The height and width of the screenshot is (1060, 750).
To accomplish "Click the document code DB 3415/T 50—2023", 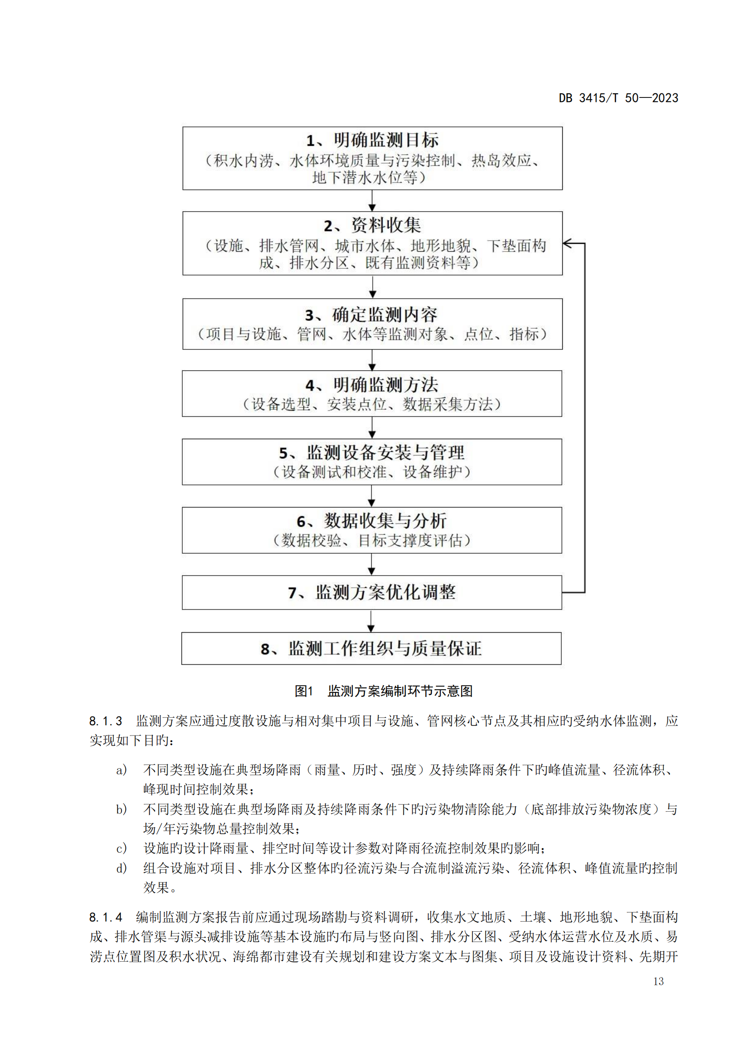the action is point(619,98).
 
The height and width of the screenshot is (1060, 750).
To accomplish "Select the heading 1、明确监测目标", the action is point(373,140).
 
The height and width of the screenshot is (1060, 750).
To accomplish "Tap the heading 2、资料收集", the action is point(373,225).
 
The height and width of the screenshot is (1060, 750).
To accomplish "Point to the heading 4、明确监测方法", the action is point(372,385).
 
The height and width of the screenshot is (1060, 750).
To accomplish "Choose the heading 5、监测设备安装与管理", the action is point(372,452).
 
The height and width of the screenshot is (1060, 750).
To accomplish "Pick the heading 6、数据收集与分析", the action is point(372,521).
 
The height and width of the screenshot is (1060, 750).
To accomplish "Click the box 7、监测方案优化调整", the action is point(372,592).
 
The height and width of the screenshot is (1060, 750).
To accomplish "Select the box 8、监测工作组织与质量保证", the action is point(371,648).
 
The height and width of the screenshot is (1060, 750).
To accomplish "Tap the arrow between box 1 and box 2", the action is point(372,200).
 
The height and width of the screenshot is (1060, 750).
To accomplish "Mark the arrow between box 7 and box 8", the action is point(371,621).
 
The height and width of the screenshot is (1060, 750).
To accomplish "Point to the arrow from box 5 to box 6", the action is point(372,496).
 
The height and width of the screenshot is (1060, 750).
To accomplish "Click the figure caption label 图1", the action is point(304,691).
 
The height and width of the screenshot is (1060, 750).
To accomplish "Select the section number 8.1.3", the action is point(106,721).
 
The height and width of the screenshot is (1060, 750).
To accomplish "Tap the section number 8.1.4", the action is point(106,916).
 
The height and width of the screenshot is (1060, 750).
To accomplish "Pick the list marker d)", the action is point(122,868).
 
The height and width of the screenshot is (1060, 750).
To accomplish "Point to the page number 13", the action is point(658,981).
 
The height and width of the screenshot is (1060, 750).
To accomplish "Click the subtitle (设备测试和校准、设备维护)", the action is point(372,472).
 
